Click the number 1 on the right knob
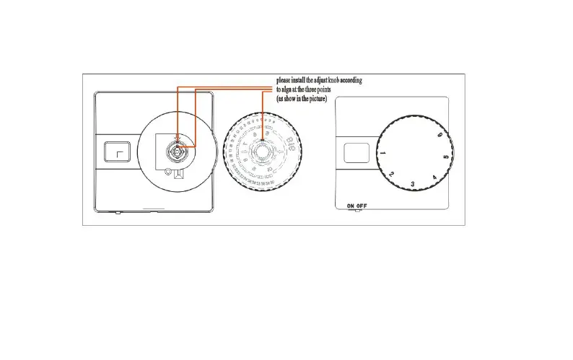pyautogui.click(x=382, y=154)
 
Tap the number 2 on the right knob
pyautogui.click(x=391, y=174)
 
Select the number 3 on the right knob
pyautogui.click(x=412, y=184)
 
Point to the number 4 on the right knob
pyautogui.click(x=434, y=177)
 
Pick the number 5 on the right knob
pyautogui.click(x=446, y=157)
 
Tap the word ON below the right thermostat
pyautogui.click(x=351, y=206)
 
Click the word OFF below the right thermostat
pyautogui.click(x=362, y=206)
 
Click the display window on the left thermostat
pyautogui.click(x=115, y=152)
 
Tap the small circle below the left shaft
pyautogui.click(x=168, y=172)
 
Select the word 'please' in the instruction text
pyautogui.click(x=285, y=79)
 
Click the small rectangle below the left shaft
pyautogui.click(x=178, y=172)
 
